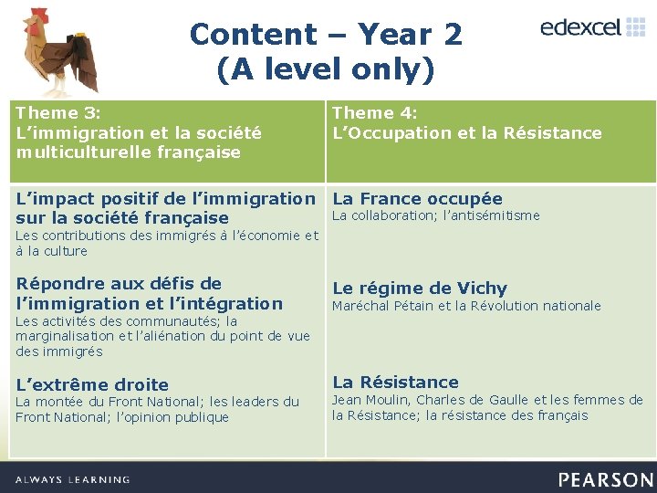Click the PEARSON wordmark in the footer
(x=606, y=479)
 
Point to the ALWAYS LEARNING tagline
(x=73, y=479)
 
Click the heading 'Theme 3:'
(x=57, y=113)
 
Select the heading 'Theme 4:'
(x=375, y=113)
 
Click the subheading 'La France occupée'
(x=417, y=198)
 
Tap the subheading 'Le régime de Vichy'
(x=419, y=288)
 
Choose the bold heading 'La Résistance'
(x=395, y=382)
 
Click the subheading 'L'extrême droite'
(x=92, y=384)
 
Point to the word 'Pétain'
(x=415, y=306)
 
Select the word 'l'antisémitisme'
(x=493, y=215)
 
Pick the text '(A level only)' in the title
(x=326, y=69)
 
